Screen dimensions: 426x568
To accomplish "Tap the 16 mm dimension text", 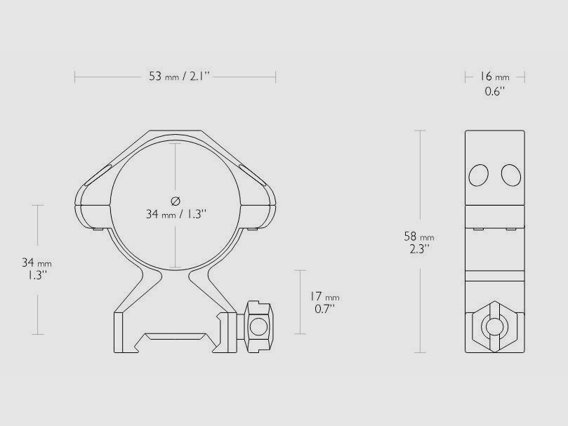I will pos(494,76).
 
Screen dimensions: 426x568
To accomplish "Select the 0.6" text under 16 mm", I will pos(494,91).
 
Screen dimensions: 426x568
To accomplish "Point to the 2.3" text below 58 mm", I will pos(421,248).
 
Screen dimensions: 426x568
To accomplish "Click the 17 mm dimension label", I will pos(324,297).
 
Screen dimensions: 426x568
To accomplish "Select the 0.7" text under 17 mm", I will pos(324,308).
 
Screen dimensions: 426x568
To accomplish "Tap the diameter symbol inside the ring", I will pos(176,199).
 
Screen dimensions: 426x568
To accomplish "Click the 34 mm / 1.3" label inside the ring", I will pos(176,214).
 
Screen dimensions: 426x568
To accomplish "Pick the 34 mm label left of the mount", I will pos(37,263).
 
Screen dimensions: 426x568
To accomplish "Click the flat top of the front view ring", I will pos(176,131).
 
